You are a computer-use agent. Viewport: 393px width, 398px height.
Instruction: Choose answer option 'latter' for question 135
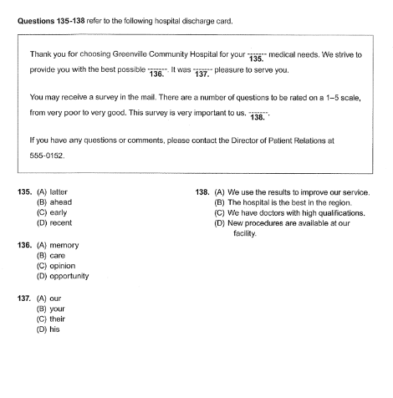pos(53,191)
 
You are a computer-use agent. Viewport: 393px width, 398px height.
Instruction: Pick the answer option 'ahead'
pos(54,202)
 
